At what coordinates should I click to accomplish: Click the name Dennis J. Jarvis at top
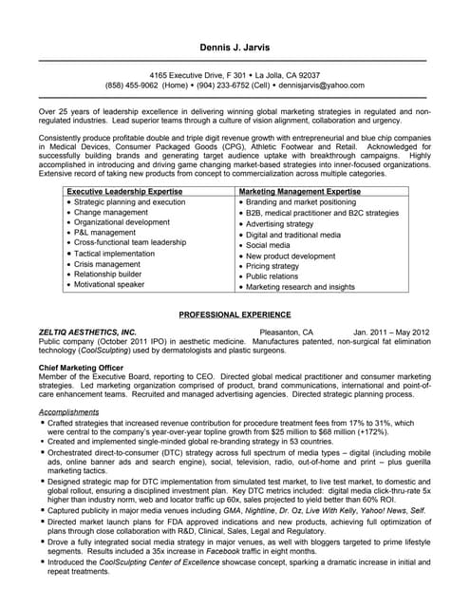coord(235,47)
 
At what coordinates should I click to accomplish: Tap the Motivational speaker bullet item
coord(109,283)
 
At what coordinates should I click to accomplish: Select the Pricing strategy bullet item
coord(278,267)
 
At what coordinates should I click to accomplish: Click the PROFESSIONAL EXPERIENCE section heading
coord(235,313)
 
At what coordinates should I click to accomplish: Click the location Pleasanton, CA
coord(286,332)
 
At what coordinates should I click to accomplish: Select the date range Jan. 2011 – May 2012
coord(385,332)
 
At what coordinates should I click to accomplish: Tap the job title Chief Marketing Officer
coord(83,366)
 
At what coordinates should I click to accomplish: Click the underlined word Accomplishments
coord(68,412)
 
